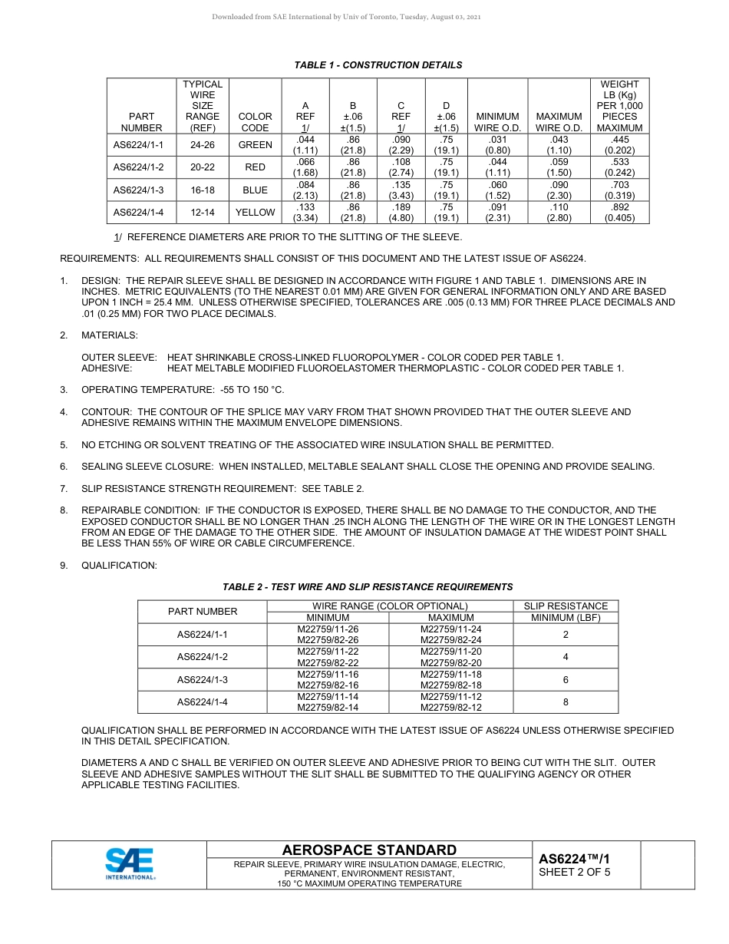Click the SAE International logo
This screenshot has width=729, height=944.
click(x=130, y=864)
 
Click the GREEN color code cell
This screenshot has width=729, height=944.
click(x=255, y=145)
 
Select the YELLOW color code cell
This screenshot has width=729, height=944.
click(x=255, y=213)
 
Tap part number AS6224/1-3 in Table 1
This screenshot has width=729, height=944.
click(x=138, y=190)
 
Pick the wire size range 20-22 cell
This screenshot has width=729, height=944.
click(x=203, y=167)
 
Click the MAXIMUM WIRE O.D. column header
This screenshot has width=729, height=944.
click(x=559, y=122)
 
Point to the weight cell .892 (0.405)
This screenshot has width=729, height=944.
click(x=619, y=213)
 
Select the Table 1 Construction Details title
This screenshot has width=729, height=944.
click(x=378, y=65)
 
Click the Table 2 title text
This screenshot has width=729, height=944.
click(x=368, y=587)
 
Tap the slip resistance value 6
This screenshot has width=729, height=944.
click(x=566, y=680)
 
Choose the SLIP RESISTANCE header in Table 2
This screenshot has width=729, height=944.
click(x=566, y=606)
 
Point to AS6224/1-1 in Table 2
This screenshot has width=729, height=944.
click(x=203, y=635)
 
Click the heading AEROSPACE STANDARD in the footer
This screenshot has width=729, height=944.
click(x=369, y=850)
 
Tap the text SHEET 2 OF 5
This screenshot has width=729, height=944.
click(x=575, y=872)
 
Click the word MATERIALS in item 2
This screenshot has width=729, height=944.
click(x=110, y=335)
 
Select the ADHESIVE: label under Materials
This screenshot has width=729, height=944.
click(x=107, y=368)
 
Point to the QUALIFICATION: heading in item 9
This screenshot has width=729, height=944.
click(x=119, y=566)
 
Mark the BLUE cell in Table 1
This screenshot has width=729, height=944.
click(x=255, y=190)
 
